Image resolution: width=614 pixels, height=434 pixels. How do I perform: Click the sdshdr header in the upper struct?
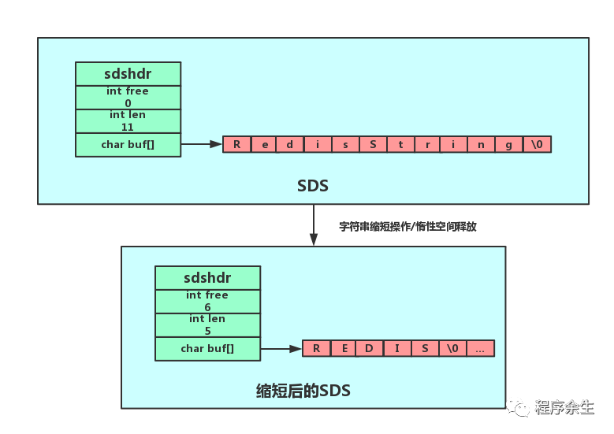[x=128, y=74]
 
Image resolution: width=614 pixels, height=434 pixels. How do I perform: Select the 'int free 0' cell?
[x=128, y=97]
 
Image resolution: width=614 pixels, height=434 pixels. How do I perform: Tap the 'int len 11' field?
[x=128, y=121]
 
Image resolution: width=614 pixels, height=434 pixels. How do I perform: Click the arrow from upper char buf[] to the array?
[x=202, y=144]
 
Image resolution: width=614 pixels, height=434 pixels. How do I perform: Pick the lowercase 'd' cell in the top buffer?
[x=290, y=144]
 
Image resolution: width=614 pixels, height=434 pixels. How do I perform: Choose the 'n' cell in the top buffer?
[x=482, y=144]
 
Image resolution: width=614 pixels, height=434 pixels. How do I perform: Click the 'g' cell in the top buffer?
[x=509, y=144]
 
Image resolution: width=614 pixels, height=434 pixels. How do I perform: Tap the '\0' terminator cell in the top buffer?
[x=538, y=144]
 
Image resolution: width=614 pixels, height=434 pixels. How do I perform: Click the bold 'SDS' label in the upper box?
[x=313, y=186]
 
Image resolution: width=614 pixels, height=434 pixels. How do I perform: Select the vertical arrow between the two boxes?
[x=314, y=225]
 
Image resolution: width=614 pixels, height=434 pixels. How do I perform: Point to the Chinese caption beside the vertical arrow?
[x=407, y=226]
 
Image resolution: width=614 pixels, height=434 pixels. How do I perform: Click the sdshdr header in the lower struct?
[x=207, y=278]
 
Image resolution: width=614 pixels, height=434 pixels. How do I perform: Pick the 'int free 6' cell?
[x=207, y=301]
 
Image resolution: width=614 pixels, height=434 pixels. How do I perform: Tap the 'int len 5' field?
[x=207, y=325]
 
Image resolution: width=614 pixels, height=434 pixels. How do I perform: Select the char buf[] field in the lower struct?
[x=207, y=348]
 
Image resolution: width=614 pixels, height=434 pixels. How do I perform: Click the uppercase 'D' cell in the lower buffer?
[x=370, y=348]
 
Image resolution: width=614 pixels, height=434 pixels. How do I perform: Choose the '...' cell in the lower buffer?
[x=480, y=348]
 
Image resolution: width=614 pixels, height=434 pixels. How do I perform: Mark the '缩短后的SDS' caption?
[x=303, y=391]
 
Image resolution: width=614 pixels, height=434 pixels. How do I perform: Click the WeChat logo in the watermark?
[x=518, y=406]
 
